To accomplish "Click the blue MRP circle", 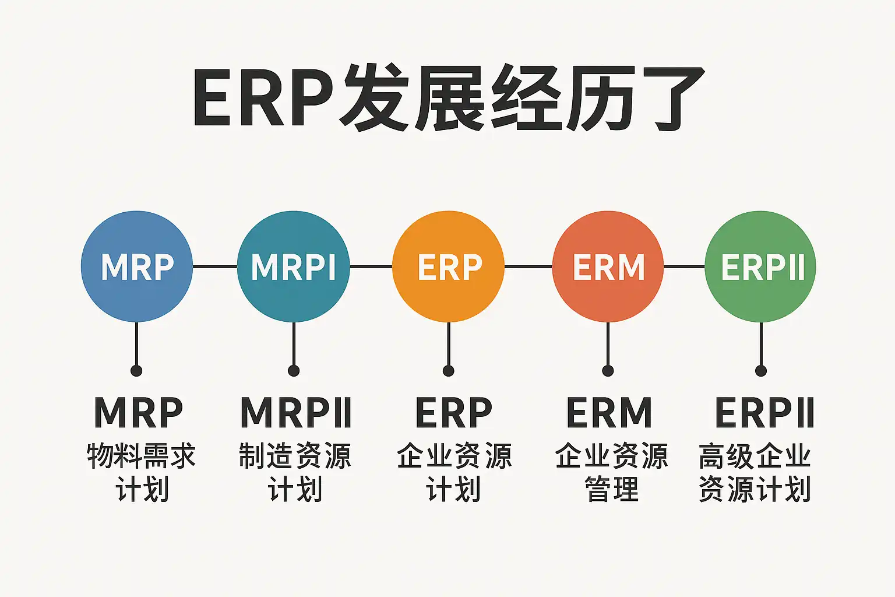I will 137,266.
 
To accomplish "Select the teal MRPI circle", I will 293,266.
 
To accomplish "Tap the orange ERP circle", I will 449,266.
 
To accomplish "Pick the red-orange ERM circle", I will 608,266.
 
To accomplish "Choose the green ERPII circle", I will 760,266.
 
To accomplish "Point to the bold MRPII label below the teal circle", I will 296,413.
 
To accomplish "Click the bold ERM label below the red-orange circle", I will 609,413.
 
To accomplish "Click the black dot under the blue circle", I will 136,371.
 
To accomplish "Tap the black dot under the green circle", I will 760,371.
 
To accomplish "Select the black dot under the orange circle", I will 448,371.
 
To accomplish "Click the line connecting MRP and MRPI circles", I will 215,266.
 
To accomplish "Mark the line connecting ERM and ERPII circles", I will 684,266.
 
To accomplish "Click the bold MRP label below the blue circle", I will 139,413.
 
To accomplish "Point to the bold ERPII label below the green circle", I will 764,413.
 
